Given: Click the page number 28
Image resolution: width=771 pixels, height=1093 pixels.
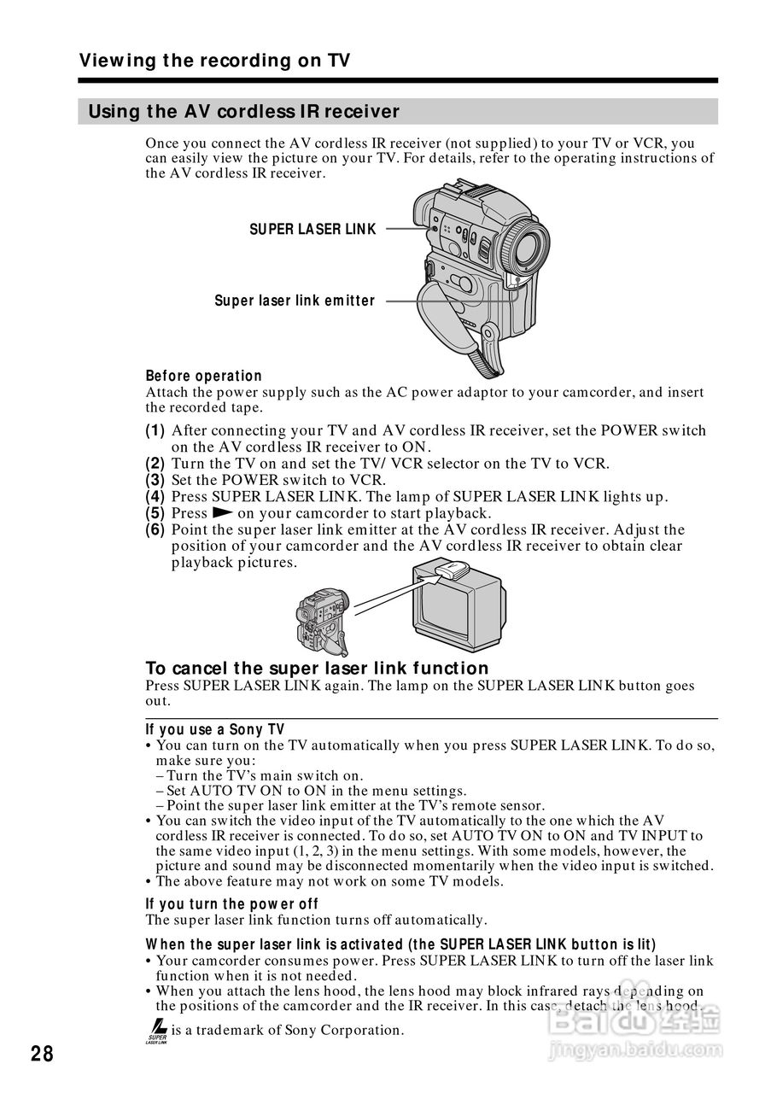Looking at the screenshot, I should (42, 1054).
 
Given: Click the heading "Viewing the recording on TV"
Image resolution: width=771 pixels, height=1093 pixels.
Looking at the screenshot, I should (214, 61).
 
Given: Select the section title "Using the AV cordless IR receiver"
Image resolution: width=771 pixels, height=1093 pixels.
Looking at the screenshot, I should (244, 112).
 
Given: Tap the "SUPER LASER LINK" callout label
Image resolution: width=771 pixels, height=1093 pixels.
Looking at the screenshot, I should (312, 230).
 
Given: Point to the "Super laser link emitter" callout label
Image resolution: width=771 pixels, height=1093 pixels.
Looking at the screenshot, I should (295, 301).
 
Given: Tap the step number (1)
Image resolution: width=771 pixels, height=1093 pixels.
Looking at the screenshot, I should (155, 431).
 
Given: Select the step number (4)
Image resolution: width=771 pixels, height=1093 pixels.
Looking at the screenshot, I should (155, 497).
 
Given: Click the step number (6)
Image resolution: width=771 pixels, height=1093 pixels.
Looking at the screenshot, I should (155, 530).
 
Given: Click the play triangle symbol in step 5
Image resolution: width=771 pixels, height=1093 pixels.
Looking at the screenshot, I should (223, 513).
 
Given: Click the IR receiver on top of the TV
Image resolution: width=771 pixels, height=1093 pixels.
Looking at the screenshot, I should (449, 570).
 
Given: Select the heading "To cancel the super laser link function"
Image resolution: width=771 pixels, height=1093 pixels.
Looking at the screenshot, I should (317, 669).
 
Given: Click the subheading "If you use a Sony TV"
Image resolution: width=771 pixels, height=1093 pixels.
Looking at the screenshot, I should (215, 729).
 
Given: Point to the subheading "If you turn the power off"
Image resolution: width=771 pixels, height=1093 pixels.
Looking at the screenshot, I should (231, 904).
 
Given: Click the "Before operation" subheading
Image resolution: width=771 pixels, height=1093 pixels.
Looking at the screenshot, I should (204, 376).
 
